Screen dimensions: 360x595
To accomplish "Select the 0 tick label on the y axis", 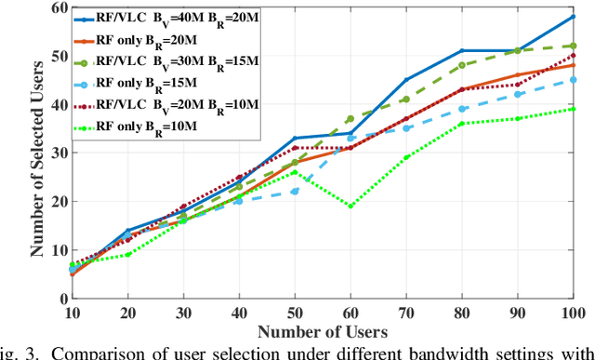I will click(61, 299).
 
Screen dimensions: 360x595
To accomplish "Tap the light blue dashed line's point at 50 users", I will click(294, 192).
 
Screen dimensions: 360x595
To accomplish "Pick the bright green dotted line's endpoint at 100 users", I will click(574, 109).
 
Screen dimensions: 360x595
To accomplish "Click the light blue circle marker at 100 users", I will click(574, 80).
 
